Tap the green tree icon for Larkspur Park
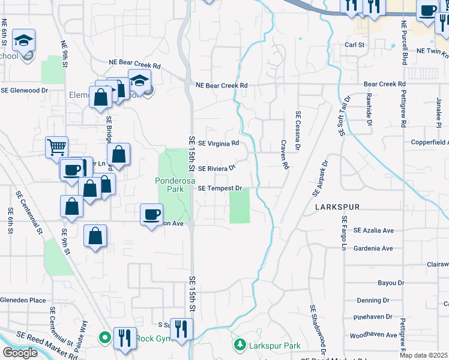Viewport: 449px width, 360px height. click(240, 345)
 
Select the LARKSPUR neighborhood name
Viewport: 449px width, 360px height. click(337, 207)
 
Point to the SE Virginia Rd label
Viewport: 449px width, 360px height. click(218, 143)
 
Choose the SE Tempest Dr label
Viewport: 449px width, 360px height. click(220, 188)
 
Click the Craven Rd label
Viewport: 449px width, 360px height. click(286, 154)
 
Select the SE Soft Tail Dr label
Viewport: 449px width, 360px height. click(346, 116)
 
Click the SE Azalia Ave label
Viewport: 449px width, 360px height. click(373, 230)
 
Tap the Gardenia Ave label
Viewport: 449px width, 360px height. click(373, 248)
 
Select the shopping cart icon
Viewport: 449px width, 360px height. click(56, 146)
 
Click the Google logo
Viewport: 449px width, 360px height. click(20, 353)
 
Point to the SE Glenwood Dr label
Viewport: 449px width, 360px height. click(24, 91)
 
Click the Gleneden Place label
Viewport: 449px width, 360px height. click(23, 300)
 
